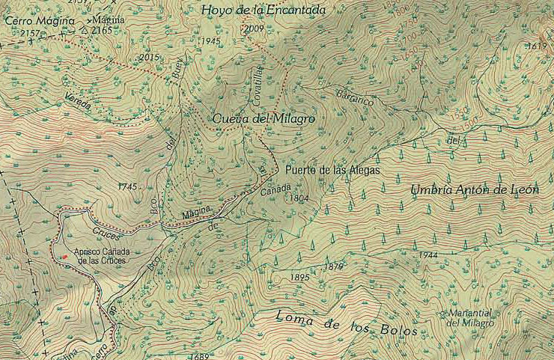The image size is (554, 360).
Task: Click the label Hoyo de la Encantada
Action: point(264,10)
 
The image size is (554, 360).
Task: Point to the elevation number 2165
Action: point(100,31)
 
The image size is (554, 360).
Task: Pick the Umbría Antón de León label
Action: point(475,190)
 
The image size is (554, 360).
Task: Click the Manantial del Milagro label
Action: point(470,318)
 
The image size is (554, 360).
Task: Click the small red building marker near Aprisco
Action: point(65,257)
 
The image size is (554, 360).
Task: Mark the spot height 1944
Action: point(428,255)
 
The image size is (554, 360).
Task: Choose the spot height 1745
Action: point(128,186)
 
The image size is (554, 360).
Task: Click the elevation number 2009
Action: point(255,29)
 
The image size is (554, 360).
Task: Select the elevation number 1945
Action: point(210,41)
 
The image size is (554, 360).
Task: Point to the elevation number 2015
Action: point(150,57)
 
